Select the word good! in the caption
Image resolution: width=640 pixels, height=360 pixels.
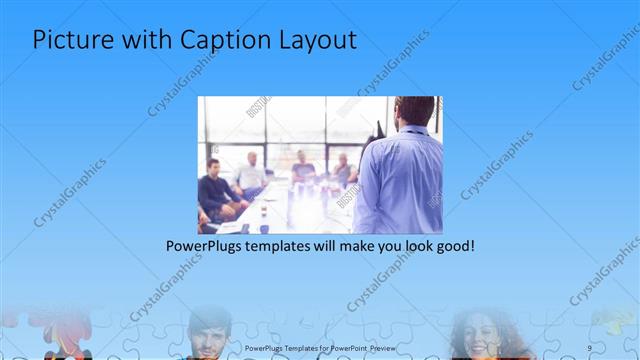[449, 246]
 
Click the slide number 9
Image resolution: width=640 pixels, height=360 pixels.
[590, 348]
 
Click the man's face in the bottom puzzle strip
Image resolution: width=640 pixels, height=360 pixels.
[209, 334]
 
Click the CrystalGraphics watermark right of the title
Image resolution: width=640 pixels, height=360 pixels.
[393, 62]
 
